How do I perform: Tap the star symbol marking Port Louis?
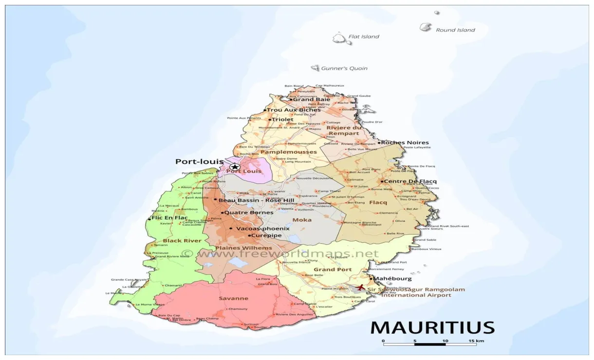point(235,167)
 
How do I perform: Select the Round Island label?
point(455,30)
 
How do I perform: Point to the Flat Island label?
point(363,36)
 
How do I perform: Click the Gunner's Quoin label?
point(344,69)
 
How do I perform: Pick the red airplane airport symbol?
point(361,288)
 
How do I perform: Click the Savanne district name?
point(233,298)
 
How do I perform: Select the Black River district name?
point(175,241)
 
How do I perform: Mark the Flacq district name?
point(378,202)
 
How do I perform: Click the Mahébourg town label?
point(392,279)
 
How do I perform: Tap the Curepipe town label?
point(266,235)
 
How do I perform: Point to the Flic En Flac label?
point(169,218)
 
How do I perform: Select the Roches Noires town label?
point(405,143)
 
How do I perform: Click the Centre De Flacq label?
point(410,181)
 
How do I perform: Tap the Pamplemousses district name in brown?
point(288,152)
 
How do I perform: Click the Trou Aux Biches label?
point(294,110)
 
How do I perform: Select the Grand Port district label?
point(333,269)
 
